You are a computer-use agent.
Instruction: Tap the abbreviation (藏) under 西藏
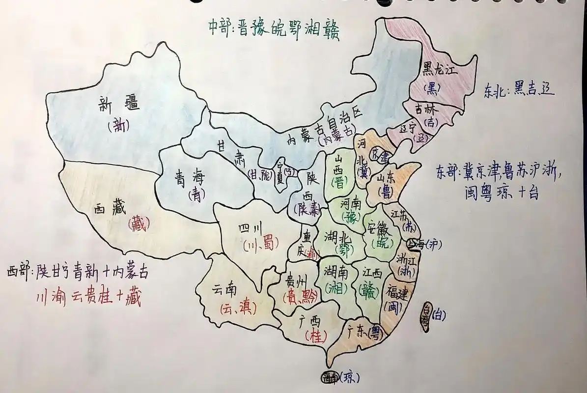(x=138, y=224)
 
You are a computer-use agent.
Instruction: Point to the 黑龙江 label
(x=440, y=70)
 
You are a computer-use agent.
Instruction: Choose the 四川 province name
(x=251, y=229)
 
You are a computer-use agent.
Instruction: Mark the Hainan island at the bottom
(x=329, y=377)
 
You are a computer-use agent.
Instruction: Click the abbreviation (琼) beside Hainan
(x=350, y=377)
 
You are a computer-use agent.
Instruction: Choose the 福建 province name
(x=397, y=293)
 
